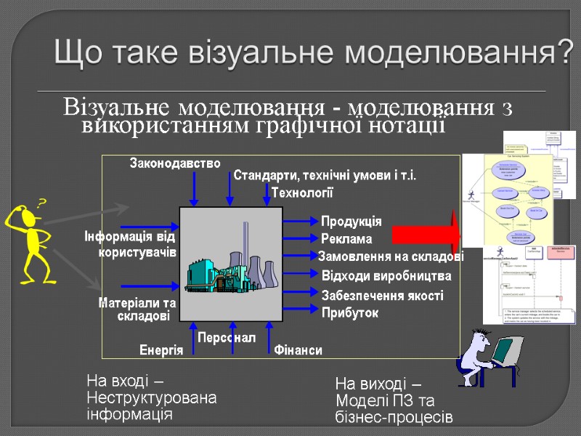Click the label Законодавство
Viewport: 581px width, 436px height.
click(x=175, y=163)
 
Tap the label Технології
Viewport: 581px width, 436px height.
click(x=301, y=192)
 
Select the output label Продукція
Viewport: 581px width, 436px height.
click(x=351, y=221)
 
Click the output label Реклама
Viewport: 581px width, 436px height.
click(x=346, y=238)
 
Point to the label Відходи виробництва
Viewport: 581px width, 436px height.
click(x=386, y=276)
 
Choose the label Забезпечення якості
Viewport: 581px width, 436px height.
click(x=381, y=296)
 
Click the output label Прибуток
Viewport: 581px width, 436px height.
click(x=349, y=312)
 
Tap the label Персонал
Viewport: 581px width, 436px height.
click(x=227, y=337)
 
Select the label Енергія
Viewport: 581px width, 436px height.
click(x=161, y=350)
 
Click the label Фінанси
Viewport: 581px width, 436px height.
click(x=298, y=350)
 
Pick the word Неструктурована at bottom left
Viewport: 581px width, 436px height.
click(x=151, y=398)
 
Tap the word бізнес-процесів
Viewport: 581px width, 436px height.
click(x=394, y=418)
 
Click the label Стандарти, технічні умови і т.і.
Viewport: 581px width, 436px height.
click(x=324, y=177)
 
